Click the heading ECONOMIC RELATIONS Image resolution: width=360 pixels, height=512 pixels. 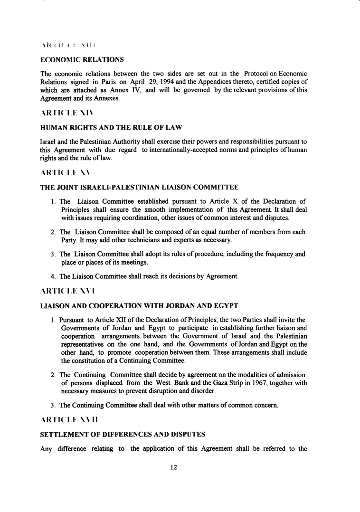82,60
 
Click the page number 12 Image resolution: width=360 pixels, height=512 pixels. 173,467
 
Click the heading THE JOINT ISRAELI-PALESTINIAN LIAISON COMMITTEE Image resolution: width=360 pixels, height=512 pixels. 140,188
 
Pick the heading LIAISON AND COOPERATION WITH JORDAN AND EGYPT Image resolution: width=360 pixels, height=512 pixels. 139,304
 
